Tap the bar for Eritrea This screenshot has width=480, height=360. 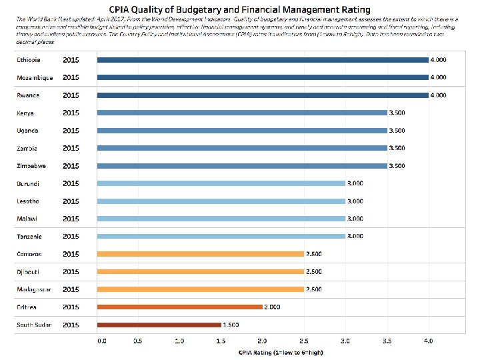(179, 307)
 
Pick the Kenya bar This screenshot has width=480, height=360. (241, 113)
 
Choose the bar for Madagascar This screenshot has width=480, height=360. (200, 289)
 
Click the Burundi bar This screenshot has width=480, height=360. (221, 183)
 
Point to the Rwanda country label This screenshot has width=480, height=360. (28, 95)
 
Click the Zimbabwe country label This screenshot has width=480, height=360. (31, 166)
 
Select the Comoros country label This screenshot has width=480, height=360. (29, 254)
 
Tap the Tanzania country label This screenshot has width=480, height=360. (29, 236)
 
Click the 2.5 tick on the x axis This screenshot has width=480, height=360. (304, 341)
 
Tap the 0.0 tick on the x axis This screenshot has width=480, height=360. (101, 341)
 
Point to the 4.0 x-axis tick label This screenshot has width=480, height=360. (428, 341)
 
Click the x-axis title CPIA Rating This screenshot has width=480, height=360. (264, 351)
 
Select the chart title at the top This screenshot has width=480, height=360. (240, 11)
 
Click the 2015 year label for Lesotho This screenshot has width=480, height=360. (71, 201)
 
